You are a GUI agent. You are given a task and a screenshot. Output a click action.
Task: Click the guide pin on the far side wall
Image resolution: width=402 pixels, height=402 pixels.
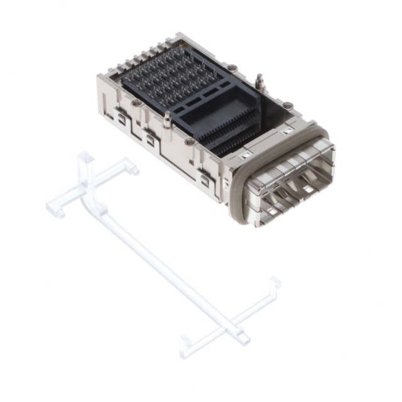tap(258, 82)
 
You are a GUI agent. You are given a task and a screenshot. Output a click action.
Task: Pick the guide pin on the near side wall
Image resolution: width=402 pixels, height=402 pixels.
tap(168, 119)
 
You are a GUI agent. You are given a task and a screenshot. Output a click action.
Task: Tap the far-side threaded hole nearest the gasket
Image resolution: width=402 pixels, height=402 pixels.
tap(287, 106)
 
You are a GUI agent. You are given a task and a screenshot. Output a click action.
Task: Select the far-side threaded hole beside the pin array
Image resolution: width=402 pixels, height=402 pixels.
tap(232, 67)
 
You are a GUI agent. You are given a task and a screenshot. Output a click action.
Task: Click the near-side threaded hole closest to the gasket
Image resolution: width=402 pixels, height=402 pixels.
tap(189, 142)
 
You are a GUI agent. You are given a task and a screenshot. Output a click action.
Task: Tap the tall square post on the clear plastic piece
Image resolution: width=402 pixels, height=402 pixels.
tap(85, 165)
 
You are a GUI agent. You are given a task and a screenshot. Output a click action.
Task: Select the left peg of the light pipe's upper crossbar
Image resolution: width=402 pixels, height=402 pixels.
tap(56, 211)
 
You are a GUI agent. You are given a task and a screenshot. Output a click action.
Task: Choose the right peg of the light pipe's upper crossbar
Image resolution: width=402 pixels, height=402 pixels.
tap(133, 168)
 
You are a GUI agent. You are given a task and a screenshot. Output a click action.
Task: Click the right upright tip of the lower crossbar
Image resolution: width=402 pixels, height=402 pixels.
tap(274, 284)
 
